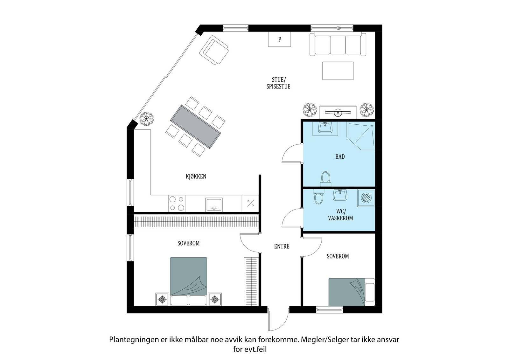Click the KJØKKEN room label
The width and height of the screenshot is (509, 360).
[196, 176]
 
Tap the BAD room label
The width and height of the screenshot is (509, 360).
[340, 156]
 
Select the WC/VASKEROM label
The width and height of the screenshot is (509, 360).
[340, 215]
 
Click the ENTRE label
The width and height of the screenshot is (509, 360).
[282, 246]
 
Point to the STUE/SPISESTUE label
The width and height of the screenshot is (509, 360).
[278, 83]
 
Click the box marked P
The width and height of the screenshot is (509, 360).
[280, 39]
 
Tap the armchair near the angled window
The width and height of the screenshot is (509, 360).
[214, 50]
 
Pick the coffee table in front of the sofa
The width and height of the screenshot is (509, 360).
[338, 71]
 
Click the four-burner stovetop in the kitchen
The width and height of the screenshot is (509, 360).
[177, 204]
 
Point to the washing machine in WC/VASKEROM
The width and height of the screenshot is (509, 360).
[366, 198]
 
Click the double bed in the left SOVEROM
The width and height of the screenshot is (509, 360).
[188, 280]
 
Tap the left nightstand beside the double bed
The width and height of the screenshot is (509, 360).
[162, 299]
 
